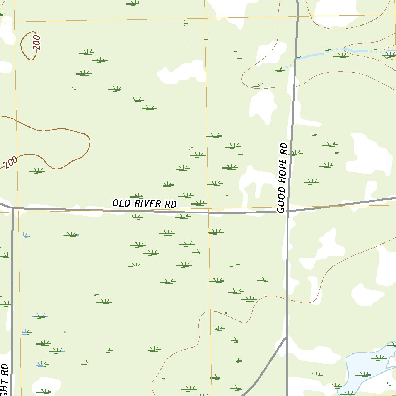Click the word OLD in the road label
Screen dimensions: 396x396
[120, 203]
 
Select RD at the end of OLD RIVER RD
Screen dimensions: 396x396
[171, 204]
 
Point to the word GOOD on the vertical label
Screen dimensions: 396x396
[282, 200]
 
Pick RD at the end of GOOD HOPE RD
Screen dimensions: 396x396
[284, 148]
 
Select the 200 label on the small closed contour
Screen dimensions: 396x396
[36, 43]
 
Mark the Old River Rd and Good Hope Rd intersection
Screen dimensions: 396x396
[288, 211]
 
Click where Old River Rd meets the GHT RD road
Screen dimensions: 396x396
[12, 208]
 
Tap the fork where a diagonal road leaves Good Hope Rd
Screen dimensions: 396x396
[286, 338]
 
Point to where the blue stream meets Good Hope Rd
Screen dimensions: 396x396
[296, 59]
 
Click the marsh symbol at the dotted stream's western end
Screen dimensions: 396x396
[278, 70]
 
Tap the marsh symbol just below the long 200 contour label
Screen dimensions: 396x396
[37, 171]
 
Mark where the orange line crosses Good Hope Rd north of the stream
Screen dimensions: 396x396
[297, 16]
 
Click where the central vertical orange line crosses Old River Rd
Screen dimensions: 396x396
[208, 212]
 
